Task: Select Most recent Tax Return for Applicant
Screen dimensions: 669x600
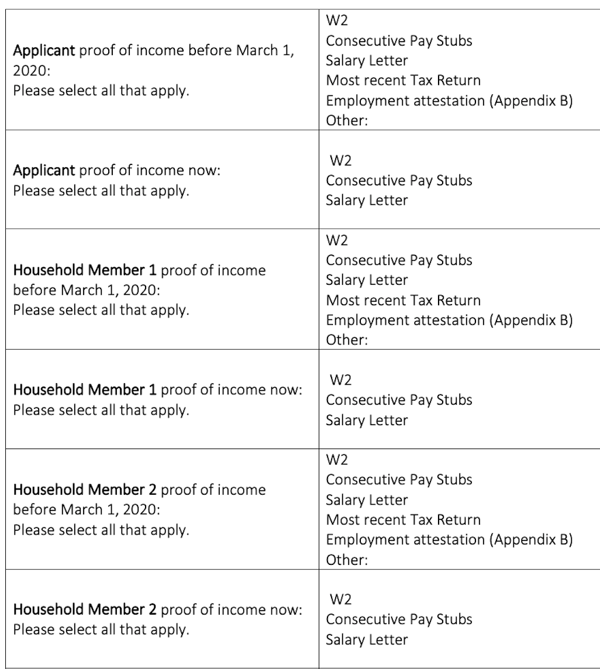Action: tap(403, 80)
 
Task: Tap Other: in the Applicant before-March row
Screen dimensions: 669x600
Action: tap(346, 120)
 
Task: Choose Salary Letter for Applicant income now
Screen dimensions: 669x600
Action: tap(367, 200)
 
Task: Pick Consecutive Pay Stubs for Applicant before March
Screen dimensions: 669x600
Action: tap(399, 40)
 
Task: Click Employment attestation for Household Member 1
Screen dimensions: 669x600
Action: tap(449, 320)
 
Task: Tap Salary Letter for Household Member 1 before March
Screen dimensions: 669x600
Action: tap(367, 280)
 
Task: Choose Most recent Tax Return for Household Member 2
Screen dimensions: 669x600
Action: tap(403, 519)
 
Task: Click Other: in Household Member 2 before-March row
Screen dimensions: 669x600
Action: tap(346, 560)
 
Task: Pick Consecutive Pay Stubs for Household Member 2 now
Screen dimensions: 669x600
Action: tap(399, 619)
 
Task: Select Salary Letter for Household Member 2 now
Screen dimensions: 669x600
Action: tap(367, 639)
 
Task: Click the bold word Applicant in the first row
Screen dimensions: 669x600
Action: tap(44, 51)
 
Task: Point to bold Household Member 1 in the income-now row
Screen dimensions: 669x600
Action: tap(85, 389)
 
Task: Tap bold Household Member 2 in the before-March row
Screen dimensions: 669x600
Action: tap(85, 489)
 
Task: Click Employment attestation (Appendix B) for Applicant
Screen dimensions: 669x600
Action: tap(449, 101)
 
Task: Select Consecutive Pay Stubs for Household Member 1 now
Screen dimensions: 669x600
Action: tap(399, 400)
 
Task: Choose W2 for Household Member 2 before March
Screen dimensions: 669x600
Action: tap(336, 460)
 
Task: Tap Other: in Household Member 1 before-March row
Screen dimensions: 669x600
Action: tap(346, 340)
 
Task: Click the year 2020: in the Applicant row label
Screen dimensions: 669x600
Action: tap(30, 71)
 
